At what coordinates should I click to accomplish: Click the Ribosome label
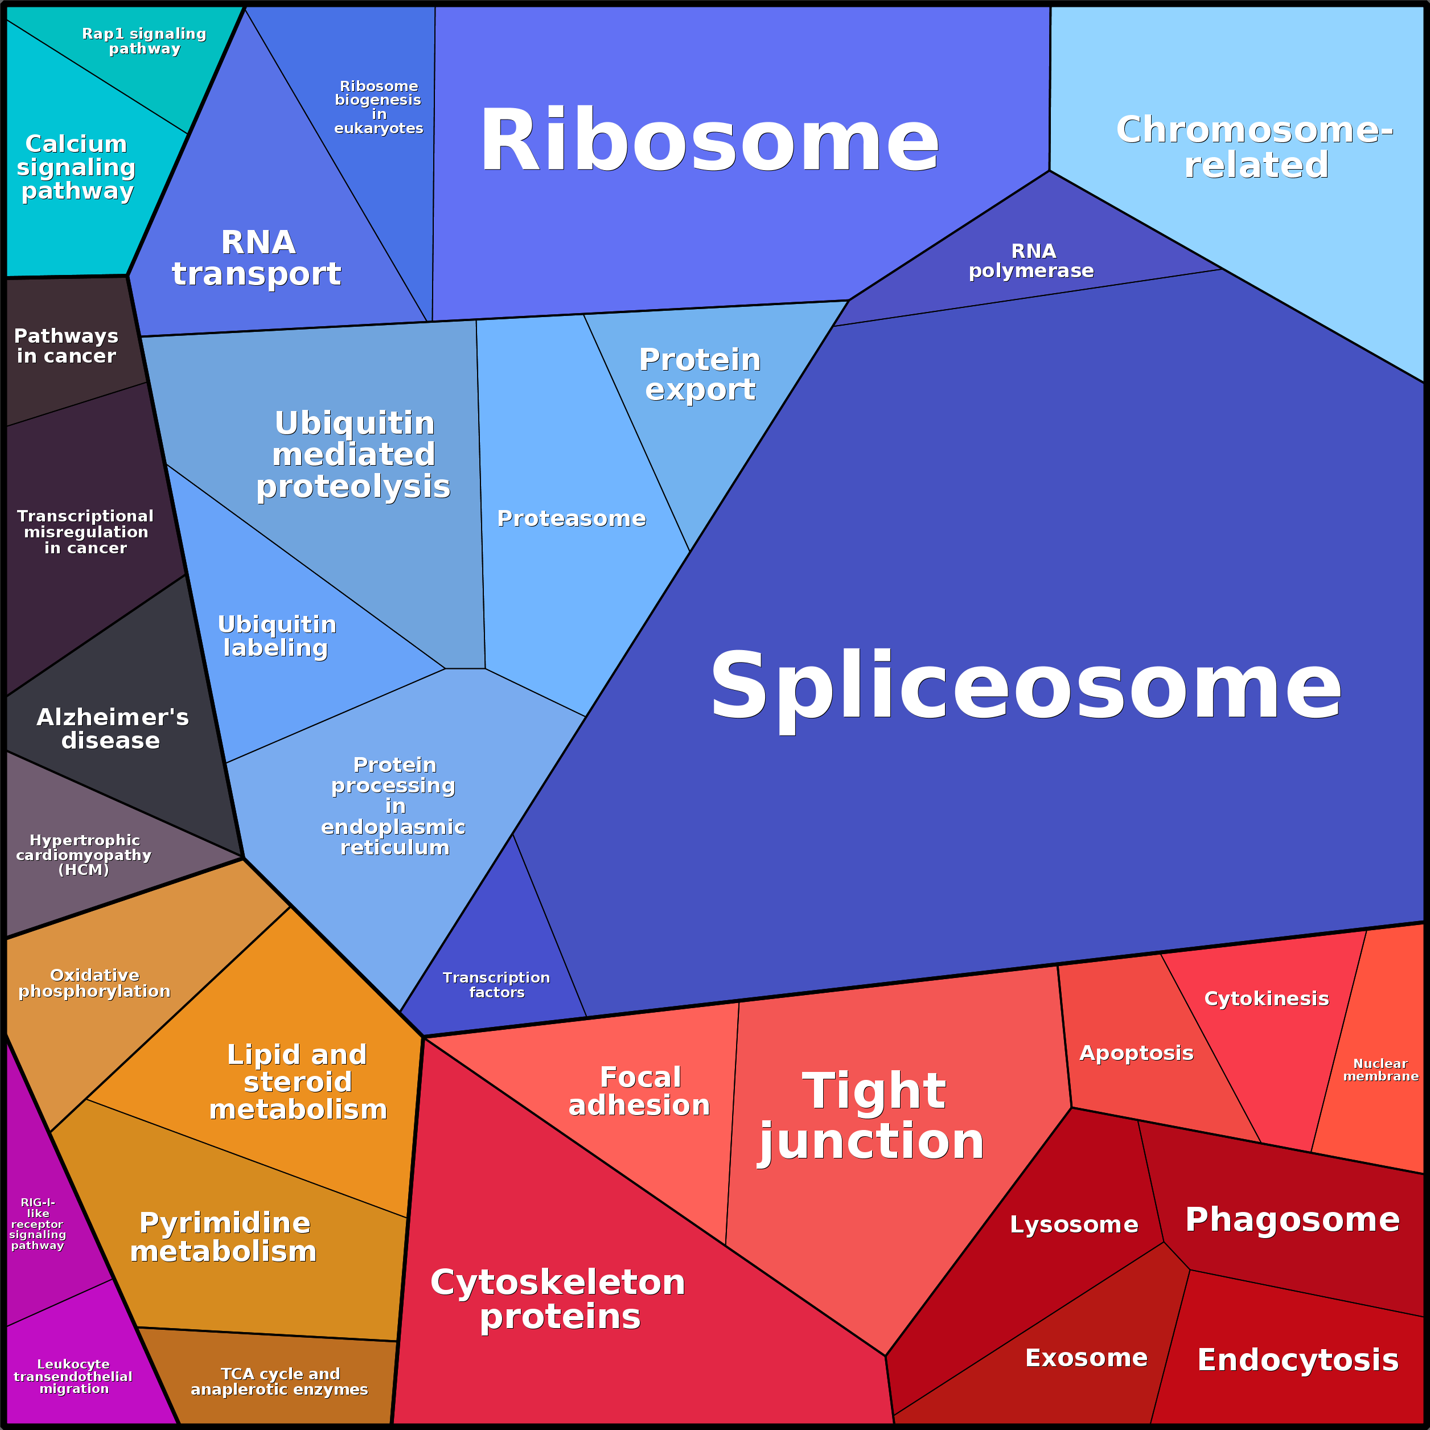[x=709, y=141]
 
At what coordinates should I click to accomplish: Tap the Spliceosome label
[x=1025, y=685]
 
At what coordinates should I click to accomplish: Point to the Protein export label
[x=700, y=375]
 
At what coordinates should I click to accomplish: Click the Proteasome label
[x=570, y=518]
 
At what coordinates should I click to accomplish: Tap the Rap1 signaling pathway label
[x=145, y=42]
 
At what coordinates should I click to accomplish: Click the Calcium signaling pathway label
[x=76, y=167]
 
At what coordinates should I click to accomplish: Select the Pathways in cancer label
[x=66, y=346]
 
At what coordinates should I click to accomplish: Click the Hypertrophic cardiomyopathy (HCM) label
[x=84, y=855]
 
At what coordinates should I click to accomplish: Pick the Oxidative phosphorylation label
[x=94, y=983]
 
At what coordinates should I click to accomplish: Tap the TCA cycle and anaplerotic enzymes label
[x=280, y=1381]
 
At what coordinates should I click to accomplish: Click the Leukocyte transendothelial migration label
[x=73, y=1376]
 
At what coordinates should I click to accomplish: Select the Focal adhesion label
[x=639, y=1091]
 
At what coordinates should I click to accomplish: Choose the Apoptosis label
[x=1136, y=1053]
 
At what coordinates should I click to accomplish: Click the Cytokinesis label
[x=1267, y=998]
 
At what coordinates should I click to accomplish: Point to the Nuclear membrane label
[x=1380, y=1070]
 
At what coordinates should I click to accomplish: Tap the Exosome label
[x=1086, y=1358]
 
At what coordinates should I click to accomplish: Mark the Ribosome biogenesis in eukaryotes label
[x=378, y=108]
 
